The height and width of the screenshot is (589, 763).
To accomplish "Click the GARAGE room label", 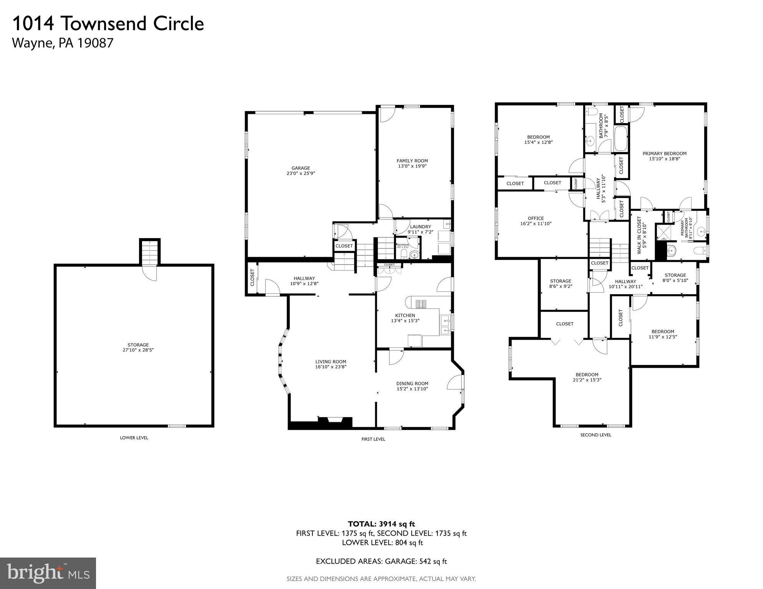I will pyautogui.click(x=300, y=168).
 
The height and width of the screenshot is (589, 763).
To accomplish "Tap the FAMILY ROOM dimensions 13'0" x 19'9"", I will pyautogui.click(x=412, y=166).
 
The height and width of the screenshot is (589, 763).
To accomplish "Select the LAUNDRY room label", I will pyautogui.click(x=420, y=227).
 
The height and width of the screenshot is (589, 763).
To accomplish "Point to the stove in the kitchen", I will pyautogui.click(x=421, y=304).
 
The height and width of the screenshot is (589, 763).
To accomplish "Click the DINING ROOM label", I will pyautogui.click(x=412, y=383).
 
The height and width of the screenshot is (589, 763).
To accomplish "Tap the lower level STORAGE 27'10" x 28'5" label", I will pyautogui.click(x=138, y=347).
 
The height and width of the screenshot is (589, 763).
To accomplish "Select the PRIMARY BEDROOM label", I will pyautogui.click(x=664, y=153).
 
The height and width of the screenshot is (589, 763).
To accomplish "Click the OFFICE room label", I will pyautogui.click(x=535, y=218).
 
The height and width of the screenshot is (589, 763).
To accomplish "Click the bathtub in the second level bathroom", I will pyautogui.click(x=621, y=139).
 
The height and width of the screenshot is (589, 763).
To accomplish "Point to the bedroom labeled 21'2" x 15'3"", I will pyautogui.click(x=587, y=377).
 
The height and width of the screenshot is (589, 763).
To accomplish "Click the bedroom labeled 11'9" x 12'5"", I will pyautogui.click(x=662, y=334).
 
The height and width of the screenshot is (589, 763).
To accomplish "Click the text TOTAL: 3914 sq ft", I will pyautogui.click(x=381, y=524).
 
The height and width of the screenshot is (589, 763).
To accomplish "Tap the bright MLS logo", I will pyautogui.click(x=48, y=573).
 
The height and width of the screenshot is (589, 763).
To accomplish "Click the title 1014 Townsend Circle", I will pyautogui.click(x=108, y=23).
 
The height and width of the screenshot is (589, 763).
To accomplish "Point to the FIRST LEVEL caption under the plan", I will pyautogui.click(x=373, y=439).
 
